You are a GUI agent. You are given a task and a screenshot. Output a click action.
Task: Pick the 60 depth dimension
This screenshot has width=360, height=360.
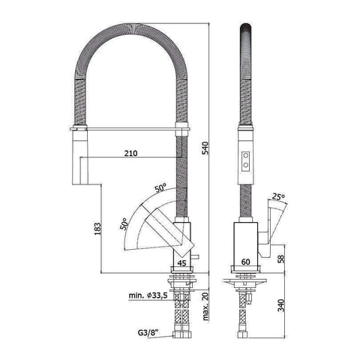pyautogui.click(x=247, y=263)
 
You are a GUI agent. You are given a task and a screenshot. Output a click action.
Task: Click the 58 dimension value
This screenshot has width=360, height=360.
pyautogui.click(x=280, y=258)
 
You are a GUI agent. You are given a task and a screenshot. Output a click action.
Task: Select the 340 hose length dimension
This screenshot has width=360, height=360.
pyautogui.click(x=280, y=306)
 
